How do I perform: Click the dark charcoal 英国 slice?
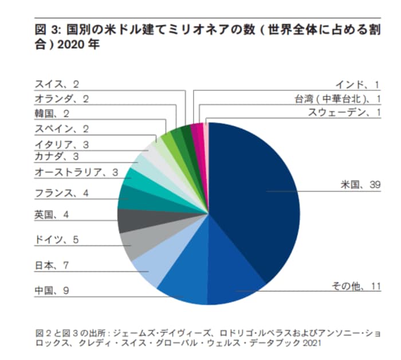pyautogui.click(x=127, y=220)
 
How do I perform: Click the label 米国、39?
pyautogui.click(x=360, y=185)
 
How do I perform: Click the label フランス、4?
pyautogui.click(x=61, y=193)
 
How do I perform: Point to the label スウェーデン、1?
pyautogui.click(x=344, y=112)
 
